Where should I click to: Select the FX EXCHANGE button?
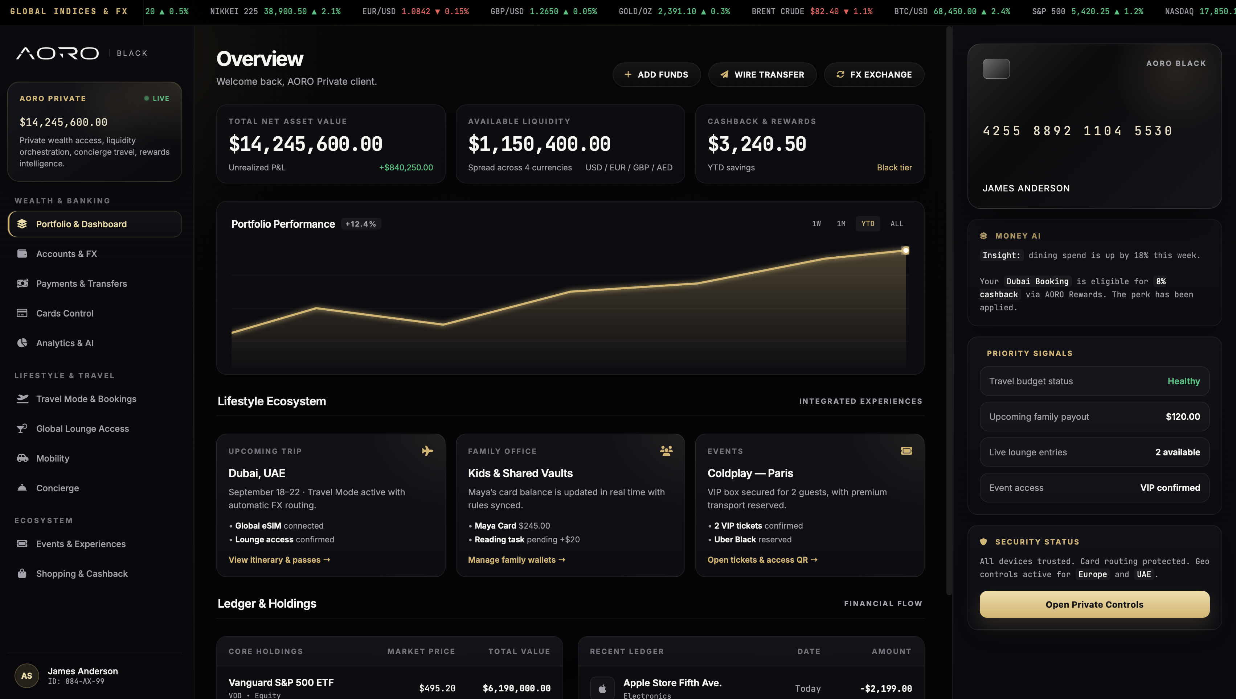874,74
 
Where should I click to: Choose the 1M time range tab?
841,224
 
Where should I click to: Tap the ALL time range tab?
896,224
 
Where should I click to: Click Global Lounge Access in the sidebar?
82,428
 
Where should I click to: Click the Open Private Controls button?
1094,604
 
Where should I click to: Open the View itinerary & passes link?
279,560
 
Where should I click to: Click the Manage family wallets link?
516,560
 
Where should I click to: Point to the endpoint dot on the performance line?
905,250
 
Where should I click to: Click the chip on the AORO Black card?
996,69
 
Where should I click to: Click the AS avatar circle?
27,675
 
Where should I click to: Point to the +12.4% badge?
361,224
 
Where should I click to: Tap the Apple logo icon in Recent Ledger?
602,688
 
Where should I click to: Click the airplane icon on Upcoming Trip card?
427,451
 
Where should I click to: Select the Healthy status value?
1183,381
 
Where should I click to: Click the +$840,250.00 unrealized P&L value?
406,167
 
